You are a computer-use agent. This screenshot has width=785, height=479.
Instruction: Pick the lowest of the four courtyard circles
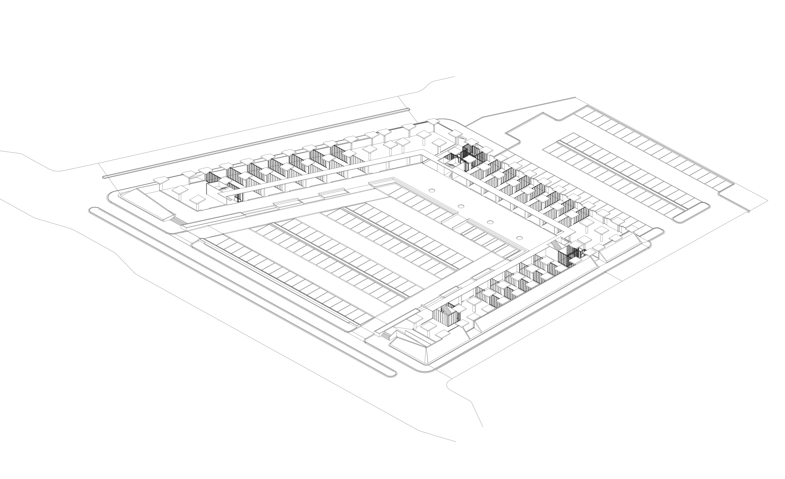(519, 238)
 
